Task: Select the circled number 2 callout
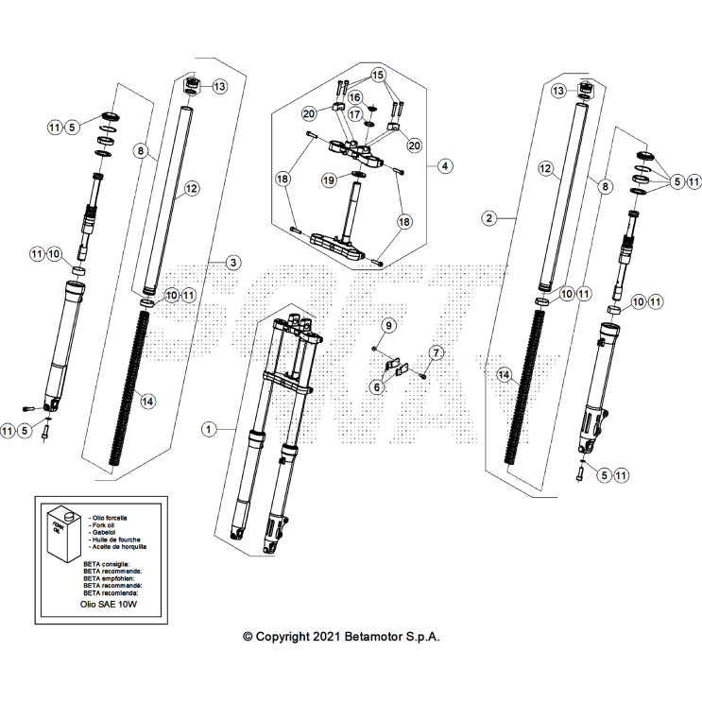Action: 488,218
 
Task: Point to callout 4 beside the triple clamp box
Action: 445,165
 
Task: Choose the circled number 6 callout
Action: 377,386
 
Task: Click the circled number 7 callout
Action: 436,353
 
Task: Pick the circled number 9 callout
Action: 387,326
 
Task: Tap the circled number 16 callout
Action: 355,96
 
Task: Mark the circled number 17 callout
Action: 355,114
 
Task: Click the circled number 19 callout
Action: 328,180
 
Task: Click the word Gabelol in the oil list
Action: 101,532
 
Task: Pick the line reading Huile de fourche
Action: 115,539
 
